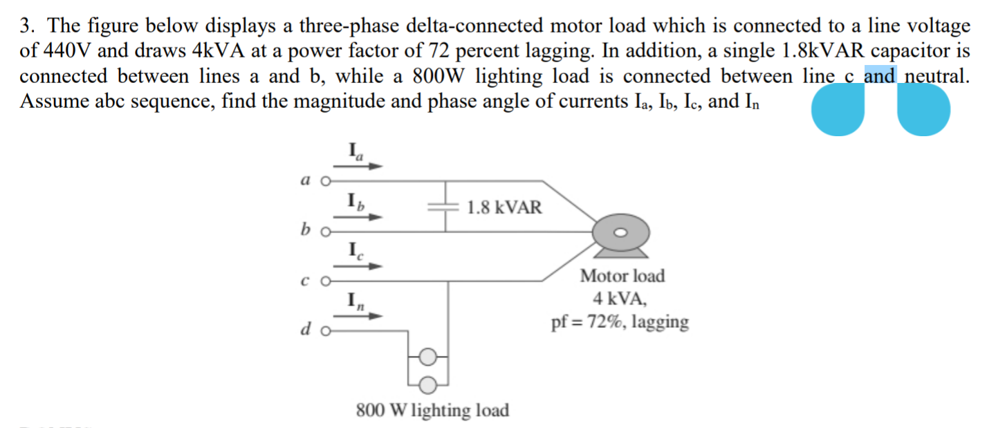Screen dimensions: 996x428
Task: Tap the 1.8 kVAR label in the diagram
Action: pos(504,207)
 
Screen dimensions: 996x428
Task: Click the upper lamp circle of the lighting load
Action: pos(428,357)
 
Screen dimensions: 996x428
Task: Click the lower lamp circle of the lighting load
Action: pos(428,385)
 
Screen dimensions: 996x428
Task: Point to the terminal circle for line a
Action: pos(326,181)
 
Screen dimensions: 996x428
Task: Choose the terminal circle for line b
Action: pos(326,232)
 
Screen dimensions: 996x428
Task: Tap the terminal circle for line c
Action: pos(326,281)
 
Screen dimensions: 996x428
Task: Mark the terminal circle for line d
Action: pos(326,332)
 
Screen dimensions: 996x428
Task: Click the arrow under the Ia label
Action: pos(358,166)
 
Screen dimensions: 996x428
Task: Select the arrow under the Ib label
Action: pos(358,217)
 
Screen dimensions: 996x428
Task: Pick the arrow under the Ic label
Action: pos(358,266)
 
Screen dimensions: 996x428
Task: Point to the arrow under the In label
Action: pos(358,316)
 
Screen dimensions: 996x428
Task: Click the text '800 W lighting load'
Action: pos(432,410)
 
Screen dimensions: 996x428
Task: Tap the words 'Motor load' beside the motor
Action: pos(622,276)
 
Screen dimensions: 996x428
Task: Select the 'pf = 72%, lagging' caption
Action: pos(620,322)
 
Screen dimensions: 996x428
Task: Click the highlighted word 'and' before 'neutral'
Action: pos(880,75)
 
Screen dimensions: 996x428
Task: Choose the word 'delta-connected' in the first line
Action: pos(474,26)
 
